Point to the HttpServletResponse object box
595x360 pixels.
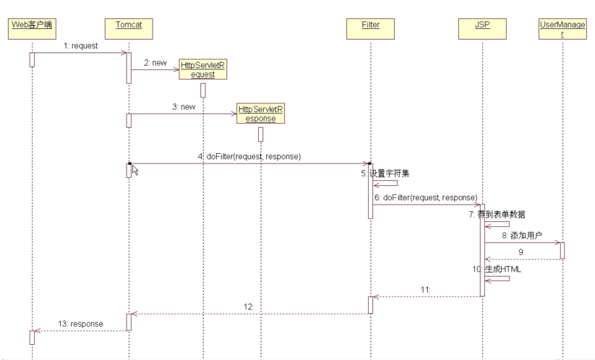tap(260, 114)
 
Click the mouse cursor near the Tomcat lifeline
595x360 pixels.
tap(135, 171)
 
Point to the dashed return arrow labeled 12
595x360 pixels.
tap(249, 314)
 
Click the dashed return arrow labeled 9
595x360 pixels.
tap(522, 258)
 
